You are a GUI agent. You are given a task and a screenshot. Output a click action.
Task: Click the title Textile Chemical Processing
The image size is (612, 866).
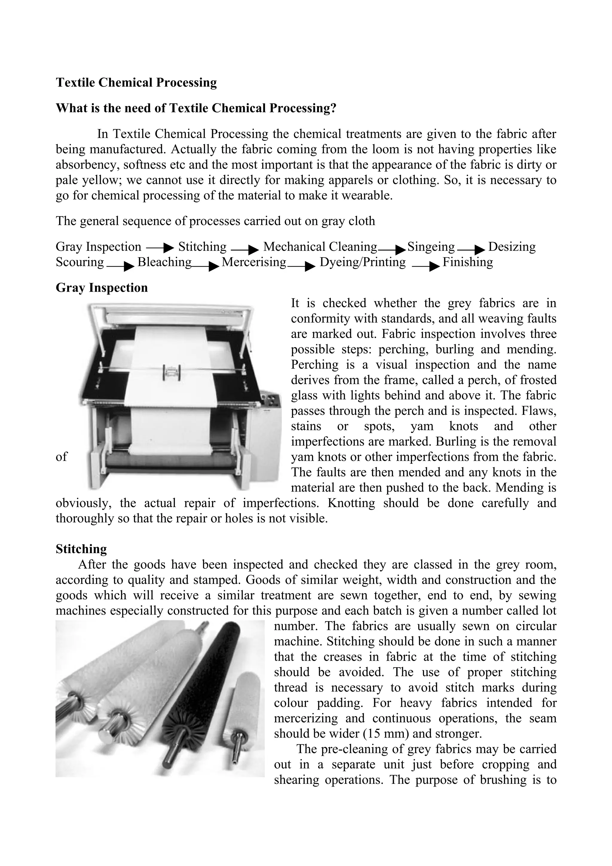tap(136, 82)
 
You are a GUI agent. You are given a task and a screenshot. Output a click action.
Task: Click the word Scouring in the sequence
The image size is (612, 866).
tap(79, 262)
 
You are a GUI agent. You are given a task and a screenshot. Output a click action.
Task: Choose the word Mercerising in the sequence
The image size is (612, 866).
tap(254, 262)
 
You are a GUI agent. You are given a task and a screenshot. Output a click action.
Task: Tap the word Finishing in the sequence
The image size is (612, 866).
tap(468, 262)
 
